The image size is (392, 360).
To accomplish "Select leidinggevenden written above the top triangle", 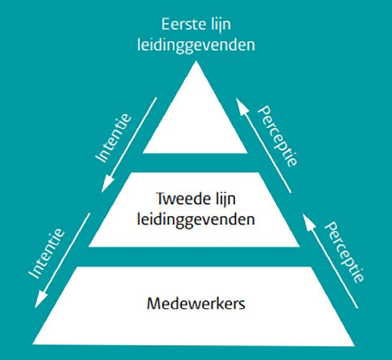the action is (x=196, y=45).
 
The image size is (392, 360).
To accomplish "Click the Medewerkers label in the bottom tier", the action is (x=195, y=305).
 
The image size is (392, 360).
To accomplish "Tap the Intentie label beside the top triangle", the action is (x=116, y=136).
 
